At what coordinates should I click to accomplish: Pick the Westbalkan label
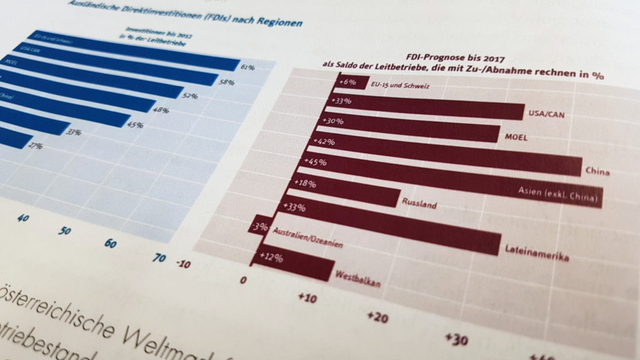(x=357, y=277)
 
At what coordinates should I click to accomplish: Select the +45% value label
(x=314, y=163)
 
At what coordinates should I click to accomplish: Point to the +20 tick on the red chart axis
(x=377, y=317)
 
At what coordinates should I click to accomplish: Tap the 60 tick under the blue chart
(x=109, y=244)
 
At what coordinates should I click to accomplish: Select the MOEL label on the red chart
(x=516, y=136)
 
